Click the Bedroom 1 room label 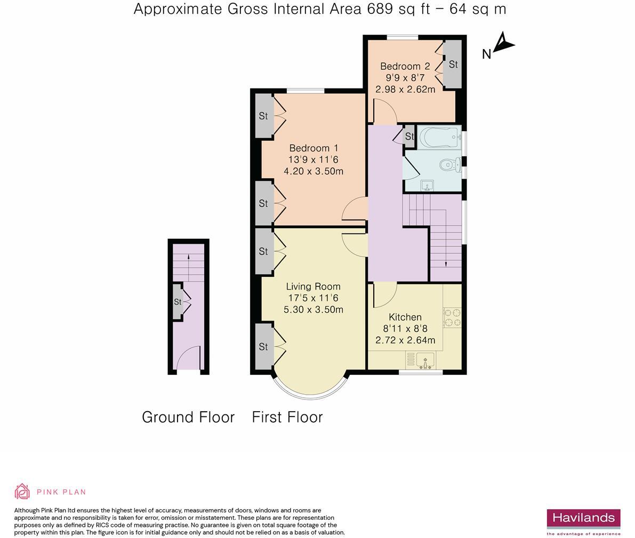[x=314, y=148]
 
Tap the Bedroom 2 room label [x=405, y=66]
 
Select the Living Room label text [x=313, y=286]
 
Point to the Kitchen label [x=405, y=317]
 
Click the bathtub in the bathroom [x=440, y=138]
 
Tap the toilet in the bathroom [x=449, y=164]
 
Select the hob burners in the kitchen [x=452, y=318]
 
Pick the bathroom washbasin [x=427, y=186]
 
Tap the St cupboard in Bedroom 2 [x=453, y=64]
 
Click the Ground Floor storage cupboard [x=178, y=302]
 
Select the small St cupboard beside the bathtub [x=410, y=136]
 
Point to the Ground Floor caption [x=188, y=417]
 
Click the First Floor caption [x=287, y=417]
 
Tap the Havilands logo [x=584, y=522]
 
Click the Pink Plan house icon [x=22, y=492]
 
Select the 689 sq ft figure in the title [x=398, y=9]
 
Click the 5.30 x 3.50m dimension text [x=314, y=309]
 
